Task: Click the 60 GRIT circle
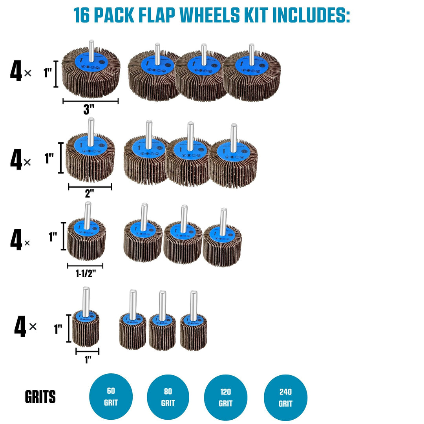coord(111,396)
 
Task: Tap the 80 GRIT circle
coord(168,397)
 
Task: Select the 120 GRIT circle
coord(226,397)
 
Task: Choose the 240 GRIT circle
coord(285,397)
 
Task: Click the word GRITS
coord(40,397)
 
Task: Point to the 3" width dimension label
coord(90,110)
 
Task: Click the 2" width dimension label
coord(90,194)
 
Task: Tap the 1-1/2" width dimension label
coord(86,274)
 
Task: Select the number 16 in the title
coord(83,15)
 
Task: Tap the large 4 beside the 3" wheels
coord(16,73)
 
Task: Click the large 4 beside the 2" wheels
coord(16,161)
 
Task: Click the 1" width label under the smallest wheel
coord(88,359)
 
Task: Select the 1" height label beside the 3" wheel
coord(48,73)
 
